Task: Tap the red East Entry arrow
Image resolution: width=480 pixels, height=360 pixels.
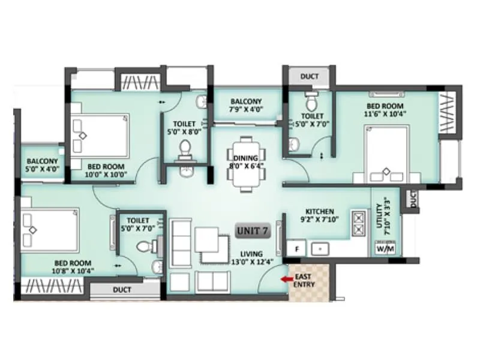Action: (284, 278)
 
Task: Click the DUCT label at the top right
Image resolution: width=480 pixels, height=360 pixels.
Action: (310, 77)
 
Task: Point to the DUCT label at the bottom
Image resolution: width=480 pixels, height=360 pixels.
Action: (124, 290)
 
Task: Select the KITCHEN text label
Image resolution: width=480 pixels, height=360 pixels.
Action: (320, 212)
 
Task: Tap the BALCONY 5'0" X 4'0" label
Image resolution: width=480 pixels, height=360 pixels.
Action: (42, 165)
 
